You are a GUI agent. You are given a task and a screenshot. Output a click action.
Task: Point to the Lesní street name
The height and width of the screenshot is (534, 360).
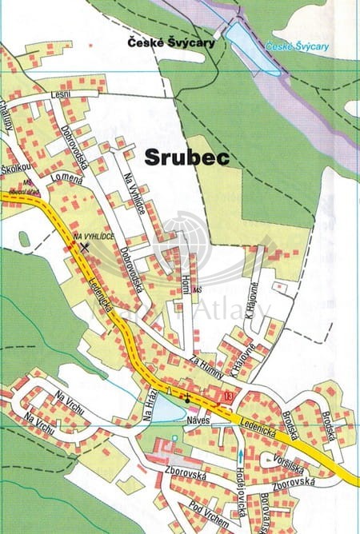point(60,95)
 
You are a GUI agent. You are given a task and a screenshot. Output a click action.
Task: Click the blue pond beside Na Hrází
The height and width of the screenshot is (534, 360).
point(166,409)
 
